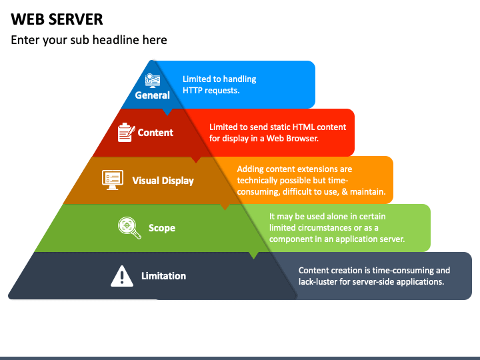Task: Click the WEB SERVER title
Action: [x=57, y=19]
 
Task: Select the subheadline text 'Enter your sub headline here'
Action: [x=89, y=40]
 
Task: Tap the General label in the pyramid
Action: [x=152, y=95]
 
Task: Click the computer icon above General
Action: [x=153, y=81]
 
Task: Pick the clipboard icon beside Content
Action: [x=126, y=132]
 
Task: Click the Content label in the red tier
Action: [x=155, y=133]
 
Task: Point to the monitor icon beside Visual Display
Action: [x=113, y=180]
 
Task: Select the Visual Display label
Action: [x=163, y=181]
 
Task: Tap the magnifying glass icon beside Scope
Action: [x=129, y=228]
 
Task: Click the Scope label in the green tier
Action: [x=161, y=228]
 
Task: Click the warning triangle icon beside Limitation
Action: [x=122, y=276]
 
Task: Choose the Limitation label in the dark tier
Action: [x=163, y=276]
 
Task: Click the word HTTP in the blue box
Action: [x=192, y=90]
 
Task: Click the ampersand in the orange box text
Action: [x=345, y=192]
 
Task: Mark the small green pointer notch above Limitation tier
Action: [x=253, y=255]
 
